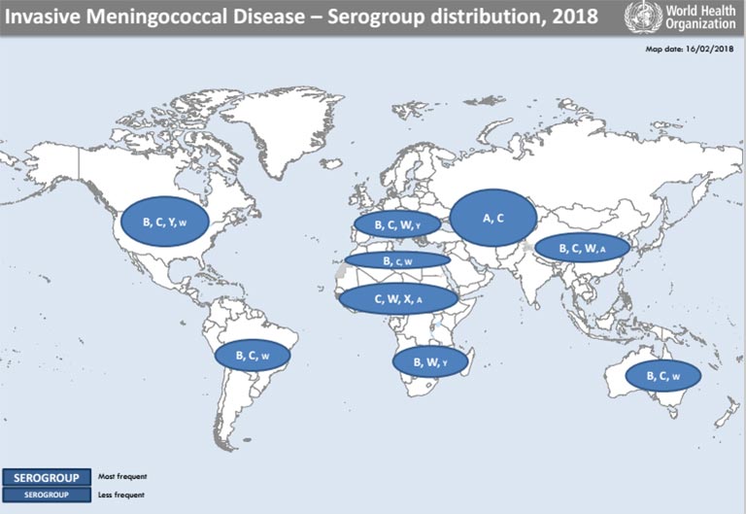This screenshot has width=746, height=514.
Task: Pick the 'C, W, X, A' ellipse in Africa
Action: pos(397,299)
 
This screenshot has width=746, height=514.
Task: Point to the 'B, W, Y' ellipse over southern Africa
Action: pos(430,361)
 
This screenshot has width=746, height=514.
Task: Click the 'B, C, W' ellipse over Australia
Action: pos(662,376)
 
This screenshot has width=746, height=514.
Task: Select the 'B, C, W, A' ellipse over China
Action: pos(582,249)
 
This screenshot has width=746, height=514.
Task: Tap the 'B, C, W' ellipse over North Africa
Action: pos(398,260)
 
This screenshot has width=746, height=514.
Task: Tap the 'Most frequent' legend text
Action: pos(121,477)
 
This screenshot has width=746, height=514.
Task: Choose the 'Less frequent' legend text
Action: pos(120,495)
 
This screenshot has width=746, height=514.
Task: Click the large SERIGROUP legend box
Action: pos(47,477)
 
